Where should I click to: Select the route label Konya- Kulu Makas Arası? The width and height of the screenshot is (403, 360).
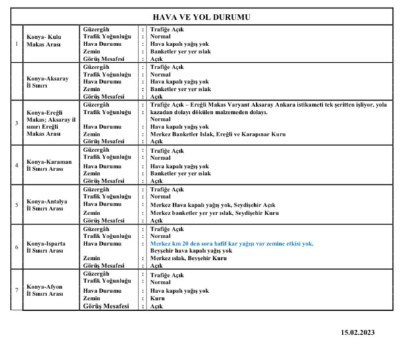click(x=44, y=45)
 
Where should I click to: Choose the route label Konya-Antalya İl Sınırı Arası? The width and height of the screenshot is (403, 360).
click(x=45, y=205)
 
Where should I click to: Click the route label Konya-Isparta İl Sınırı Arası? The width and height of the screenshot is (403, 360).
click(x=45, y=246)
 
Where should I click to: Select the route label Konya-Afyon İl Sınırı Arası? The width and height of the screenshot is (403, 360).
click(x=44, y=290)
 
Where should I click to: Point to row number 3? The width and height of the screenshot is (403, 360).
click(x=16, y=123)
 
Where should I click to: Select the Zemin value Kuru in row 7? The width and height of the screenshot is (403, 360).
click(x=156, y=299)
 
